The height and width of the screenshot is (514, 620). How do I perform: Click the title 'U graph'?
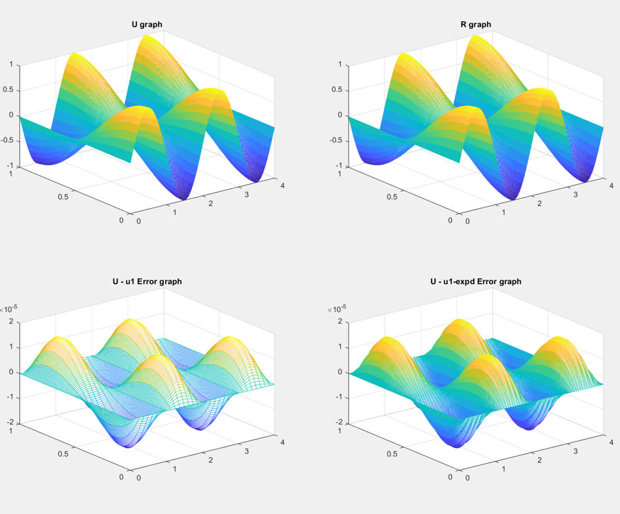[147, 24]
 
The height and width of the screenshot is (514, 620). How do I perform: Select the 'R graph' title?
[475, 24]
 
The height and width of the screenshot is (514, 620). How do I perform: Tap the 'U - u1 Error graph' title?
[147, 281]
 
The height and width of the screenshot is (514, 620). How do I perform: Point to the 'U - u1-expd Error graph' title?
[475, 281]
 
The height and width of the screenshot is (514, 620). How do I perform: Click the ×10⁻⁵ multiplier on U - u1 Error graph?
[9, 309]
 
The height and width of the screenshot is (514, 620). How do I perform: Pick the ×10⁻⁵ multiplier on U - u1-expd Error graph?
[337, 309]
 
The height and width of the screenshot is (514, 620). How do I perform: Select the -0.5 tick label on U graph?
[9, 140]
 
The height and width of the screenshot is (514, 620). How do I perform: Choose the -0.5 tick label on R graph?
[337, 140]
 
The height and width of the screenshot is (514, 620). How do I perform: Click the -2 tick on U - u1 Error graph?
[11, 423]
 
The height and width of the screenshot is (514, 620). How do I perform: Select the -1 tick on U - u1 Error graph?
[11, 397]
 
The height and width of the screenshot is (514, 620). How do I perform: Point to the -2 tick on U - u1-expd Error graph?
[339, 423]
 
